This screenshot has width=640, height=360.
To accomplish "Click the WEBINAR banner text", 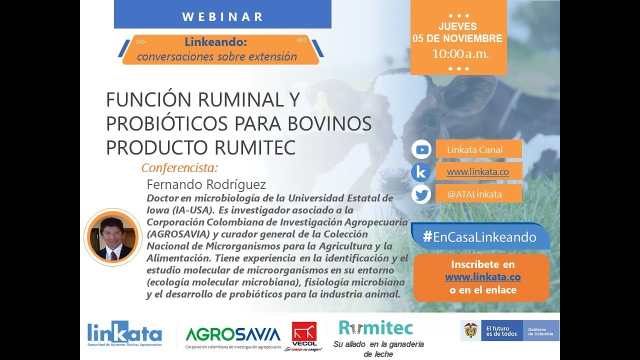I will click(222, 16).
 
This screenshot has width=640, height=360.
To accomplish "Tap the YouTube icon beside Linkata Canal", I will click(421, 149).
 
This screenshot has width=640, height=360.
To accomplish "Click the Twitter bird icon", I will click(421, 194).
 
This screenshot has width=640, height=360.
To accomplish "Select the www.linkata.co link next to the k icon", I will click(477, 171).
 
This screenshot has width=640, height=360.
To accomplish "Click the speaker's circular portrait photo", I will click(113, 237).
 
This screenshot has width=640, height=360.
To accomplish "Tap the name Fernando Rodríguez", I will click(206, 184).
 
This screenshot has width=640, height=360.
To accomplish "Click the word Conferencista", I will click(180, 167).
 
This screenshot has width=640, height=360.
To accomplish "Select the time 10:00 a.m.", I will click(460, 54).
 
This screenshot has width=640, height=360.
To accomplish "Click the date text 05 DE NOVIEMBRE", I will click(457, 38).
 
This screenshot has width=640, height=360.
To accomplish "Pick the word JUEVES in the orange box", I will click(457, 26).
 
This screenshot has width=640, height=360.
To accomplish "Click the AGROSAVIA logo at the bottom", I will click(232, 334).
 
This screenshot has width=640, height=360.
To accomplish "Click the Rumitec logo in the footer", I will click(376, 328).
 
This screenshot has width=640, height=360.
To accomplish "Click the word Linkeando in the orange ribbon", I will click(216, 42).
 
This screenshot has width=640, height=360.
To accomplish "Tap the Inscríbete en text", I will click(482, 264).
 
